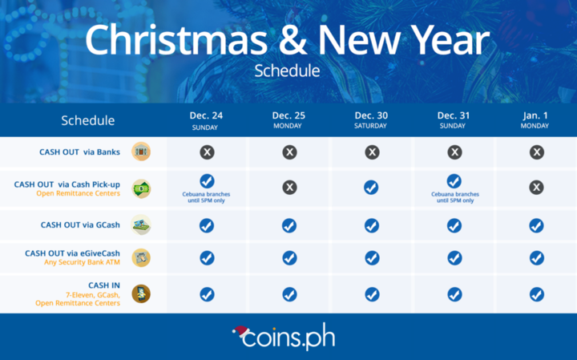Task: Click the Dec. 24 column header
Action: (206, 120)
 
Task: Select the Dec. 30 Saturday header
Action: (371, 120)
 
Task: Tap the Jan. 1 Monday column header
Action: (535, 120)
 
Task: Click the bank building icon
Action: (141, 152)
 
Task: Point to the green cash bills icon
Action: (141, 189)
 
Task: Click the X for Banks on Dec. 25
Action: (289, 152)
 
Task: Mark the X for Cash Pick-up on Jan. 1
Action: (536, 188)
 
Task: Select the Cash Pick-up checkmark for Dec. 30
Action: (371, 188)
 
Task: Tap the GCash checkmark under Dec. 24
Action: (207, 225)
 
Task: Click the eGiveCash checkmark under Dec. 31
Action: (455, 258)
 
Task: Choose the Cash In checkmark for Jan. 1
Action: (537, 294)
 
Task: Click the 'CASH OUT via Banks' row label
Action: (79, 152)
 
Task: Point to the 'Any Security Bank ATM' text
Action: (82, 262)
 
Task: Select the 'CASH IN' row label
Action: (104, 285)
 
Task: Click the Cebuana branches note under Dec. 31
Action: (455, 197)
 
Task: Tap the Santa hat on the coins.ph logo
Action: (240, 331)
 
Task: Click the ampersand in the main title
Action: (293, 41)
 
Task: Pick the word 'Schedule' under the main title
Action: (287, 71)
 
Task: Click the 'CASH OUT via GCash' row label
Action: (80, 225)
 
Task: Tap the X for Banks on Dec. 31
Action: (455, 152)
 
